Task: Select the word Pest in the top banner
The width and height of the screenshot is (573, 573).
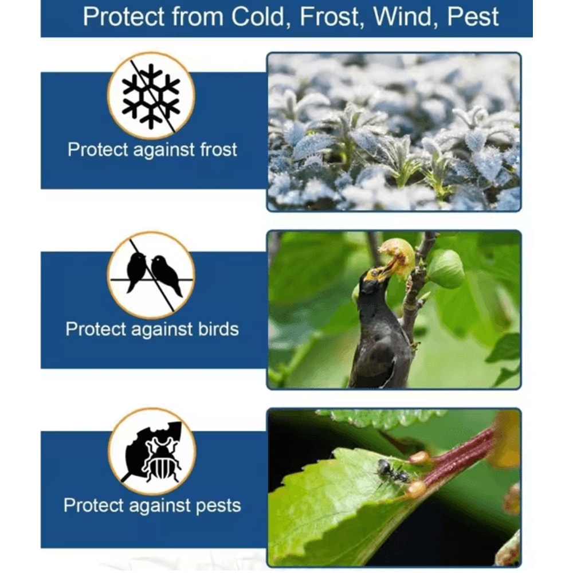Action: point(473,17)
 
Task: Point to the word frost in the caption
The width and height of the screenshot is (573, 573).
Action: point(211,150)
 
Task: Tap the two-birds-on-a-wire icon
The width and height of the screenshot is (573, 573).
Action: point(151,274)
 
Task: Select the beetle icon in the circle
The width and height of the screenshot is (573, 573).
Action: point(152,452)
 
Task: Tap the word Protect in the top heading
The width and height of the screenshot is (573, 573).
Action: point(123,17)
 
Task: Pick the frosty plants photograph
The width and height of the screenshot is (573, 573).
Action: point(394,132)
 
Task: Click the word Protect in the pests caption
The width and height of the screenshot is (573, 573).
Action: point(94,506)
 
